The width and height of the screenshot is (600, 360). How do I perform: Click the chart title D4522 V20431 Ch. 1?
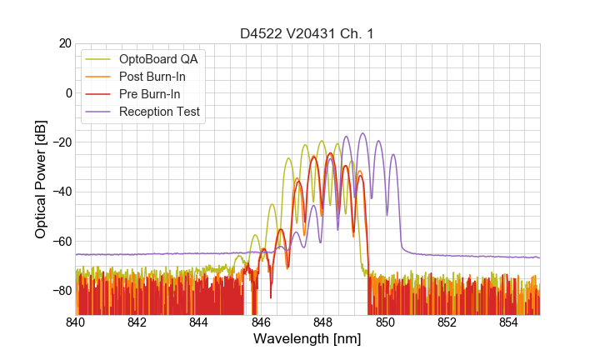pyautogui.click(x=307, y=33)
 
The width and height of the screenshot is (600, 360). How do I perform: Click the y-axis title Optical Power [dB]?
pyautogui.click(x=41, y=179)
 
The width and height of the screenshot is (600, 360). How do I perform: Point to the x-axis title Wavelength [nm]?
pyautogui.click(x=307, y=340)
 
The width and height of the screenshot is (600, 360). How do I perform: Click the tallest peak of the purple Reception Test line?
pyautogui.click(x=362, y=133)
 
